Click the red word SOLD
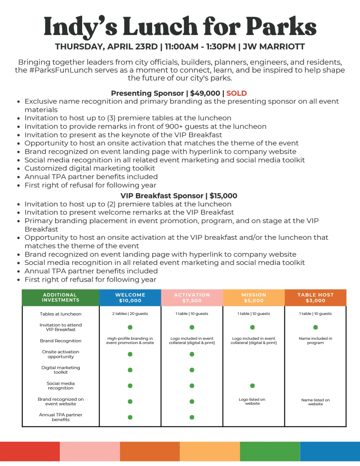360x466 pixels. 236,93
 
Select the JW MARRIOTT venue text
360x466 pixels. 274,47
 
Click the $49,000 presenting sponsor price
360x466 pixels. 205,93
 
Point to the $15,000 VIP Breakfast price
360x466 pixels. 223,196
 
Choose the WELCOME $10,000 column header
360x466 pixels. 130,298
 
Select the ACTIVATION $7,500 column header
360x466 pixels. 192,298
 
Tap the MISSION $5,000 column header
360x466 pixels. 254,298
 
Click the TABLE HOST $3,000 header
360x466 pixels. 316,298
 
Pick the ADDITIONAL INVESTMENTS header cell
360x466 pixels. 60,298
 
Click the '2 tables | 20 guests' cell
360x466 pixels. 130,314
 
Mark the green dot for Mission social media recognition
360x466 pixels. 252,386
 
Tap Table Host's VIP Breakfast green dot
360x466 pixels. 316,327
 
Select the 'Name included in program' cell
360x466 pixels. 316,341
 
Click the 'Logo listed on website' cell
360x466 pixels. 252,401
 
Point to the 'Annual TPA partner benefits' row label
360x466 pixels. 60,417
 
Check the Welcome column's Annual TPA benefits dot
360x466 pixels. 130,417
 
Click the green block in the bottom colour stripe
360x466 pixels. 270,451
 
